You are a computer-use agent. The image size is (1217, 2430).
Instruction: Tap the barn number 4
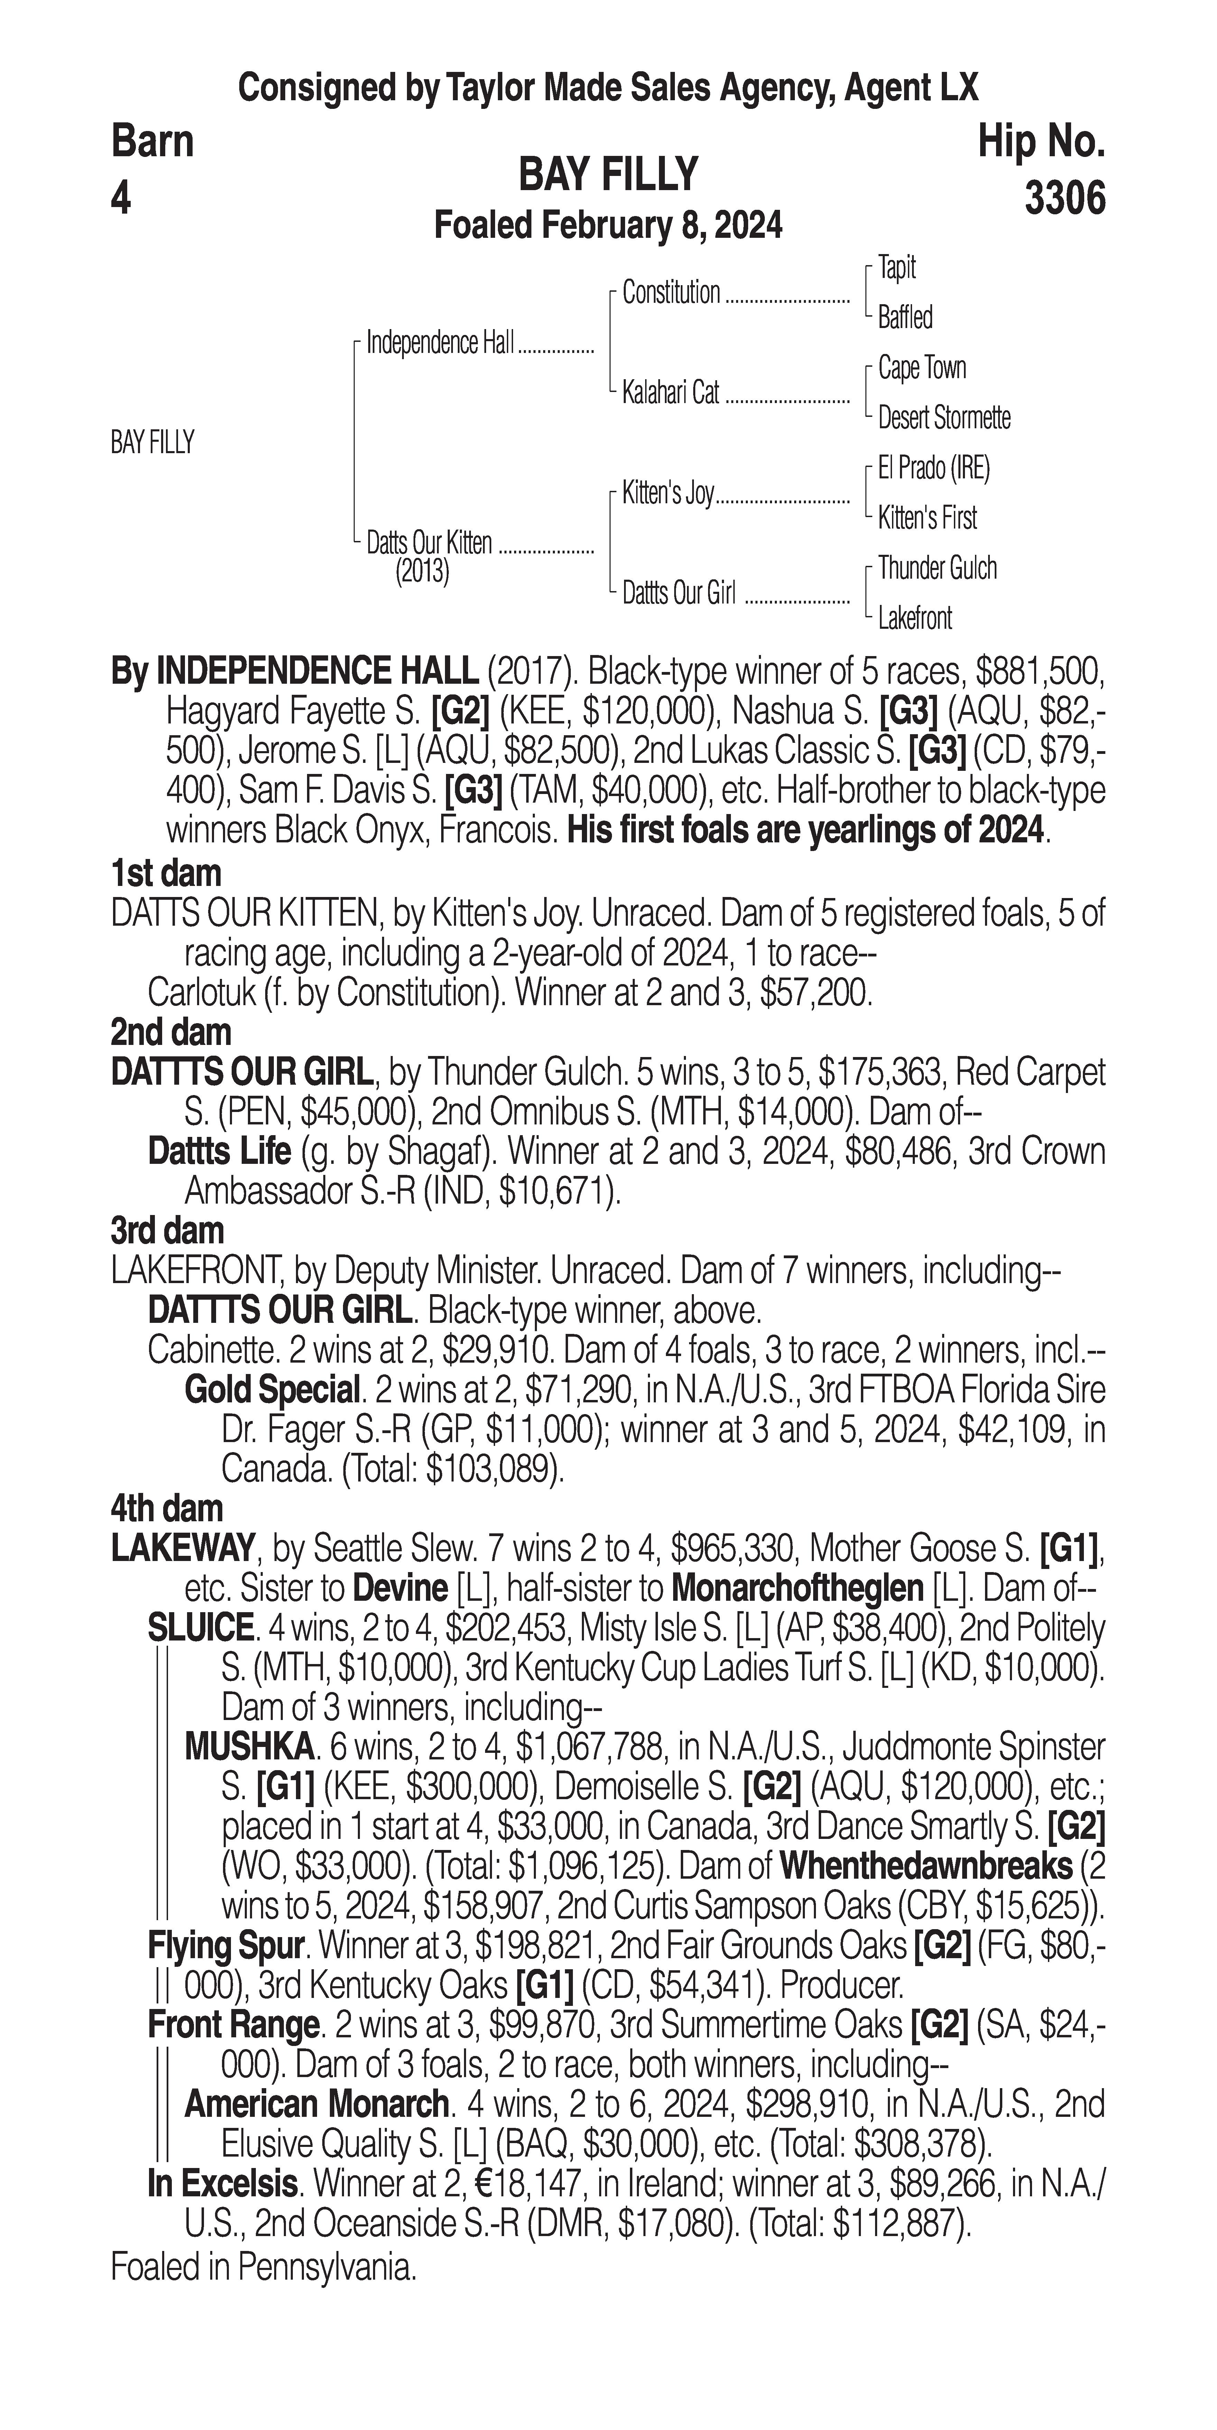click(x=121, y=199)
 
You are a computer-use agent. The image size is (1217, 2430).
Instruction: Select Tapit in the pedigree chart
click(x=896, y=268)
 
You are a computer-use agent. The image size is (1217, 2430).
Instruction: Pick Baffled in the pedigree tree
click(x=905, y=318)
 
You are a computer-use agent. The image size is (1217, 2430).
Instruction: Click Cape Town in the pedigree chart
click(x=922, y=368)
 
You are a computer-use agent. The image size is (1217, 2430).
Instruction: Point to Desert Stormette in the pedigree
click(x=944, y=418)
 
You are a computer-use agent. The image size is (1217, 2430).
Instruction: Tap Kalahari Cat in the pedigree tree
click(x=670, y=392)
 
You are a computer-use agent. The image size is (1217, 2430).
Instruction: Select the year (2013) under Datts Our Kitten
click(x=422, y=572)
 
